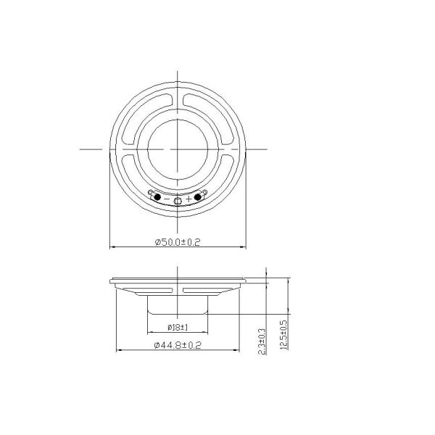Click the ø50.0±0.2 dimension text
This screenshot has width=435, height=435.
(178, 242)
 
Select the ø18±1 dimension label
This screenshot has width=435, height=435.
(178, 327)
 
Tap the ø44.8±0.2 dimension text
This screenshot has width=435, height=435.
(178, 346)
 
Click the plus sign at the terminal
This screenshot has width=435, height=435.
(189, 198)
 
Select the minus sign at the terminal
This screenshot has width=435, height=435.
(167, 198)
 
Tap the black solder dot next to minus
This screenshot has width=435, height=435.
(157, 197)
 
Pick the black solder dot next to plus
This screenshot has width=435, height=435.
(198, 197)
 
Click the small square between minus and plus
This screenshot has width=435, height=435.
(178, 199)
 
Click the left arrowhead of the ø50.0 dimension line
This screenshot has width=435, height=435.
(111, 248)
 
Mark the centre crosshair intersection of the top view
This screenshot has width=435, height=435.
(178, 148)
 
